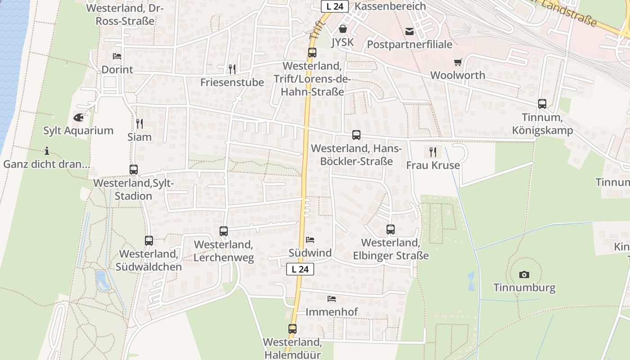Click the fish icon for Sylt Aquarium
[x=78, y=118]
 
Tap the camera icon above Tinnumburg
[x=524, y=274]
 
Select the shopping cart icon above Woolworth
[x=458, y=62]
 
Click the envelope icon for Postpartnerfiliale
[x=409, y=31]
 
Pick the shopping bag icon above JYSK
[x=343, y=29]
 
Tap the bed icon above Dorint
[x=117, y=56]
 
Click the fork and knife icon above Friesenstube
[x=232, y=69]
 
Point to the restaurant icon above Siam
[x=139, y=123]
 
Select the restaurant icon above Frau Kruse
[x=433, y=152]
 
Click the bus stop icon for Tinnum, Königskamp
[x=542, y=104]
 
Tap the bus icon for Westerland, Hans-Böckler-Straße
[x=356, y=135]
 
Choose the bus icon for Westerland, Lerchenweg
[x=224, y=231]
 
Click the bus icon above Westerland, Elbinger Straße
[x=391, y=229]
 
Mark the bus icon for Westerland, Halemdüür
[x=292, y=329]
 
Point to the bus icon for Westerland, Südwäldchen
[x=149, y=241]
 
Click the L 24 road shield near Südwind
[x=300, y=269]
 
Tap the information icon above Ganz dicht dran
[x=47, y=151]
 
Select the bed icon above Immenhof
[x=332, y=298]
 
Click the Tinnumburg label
[x=524, y=288]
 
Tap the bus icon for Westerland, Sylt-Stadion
[x=134, y=170]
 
